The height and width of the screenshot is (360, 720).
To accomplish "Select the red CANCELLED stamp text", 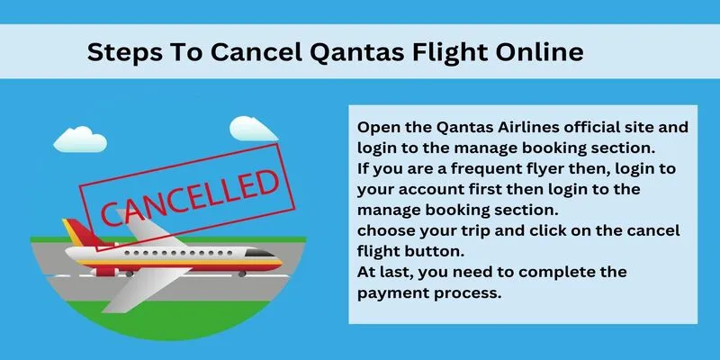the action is tap(189, 198).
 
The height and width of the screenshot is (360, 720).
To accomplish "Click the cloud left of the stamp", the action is tap(80, 139).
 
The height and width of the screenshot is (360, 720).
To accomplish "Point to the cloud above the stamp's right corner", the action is tap(253, 129).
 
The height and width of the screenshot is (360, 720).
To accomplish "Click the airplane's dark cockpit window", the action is tap(259, 253).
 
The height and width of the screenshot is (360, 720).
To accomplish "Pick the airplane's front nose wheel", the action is tap(242, 274).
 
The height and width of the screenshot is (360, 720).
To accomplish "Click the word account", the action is tap(427, 190).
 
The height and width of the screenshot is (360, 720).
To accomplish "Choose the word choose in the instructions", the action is tap(386, 231).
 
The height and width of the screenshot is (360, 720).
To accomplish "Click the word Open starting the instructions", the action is tap(376, 128).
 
